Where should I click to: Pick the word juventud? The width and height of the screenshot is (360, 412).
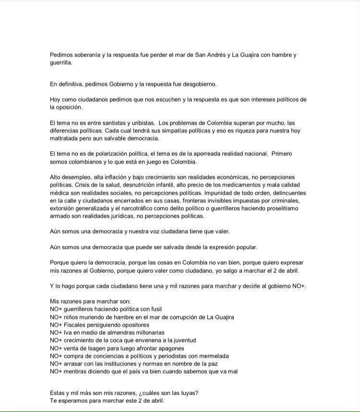pos(180,341)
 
